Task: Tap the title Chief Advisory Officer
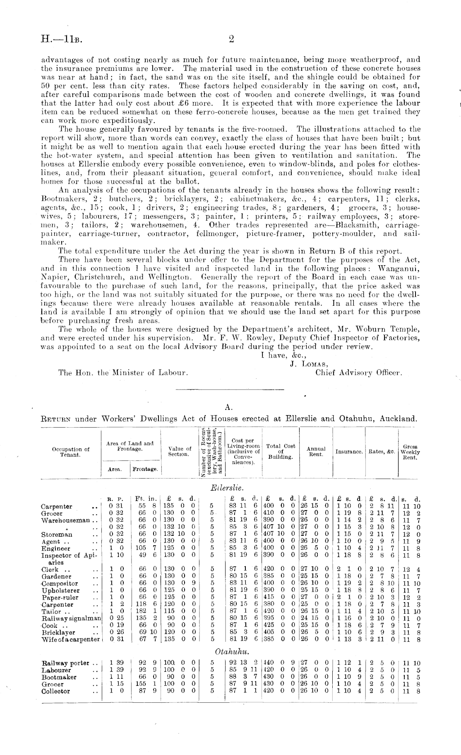[358, 373]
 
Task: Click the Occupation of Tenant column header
[70, 452]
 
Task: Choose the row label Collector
[56, 691]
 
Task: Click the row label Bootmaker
[59, 677]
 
